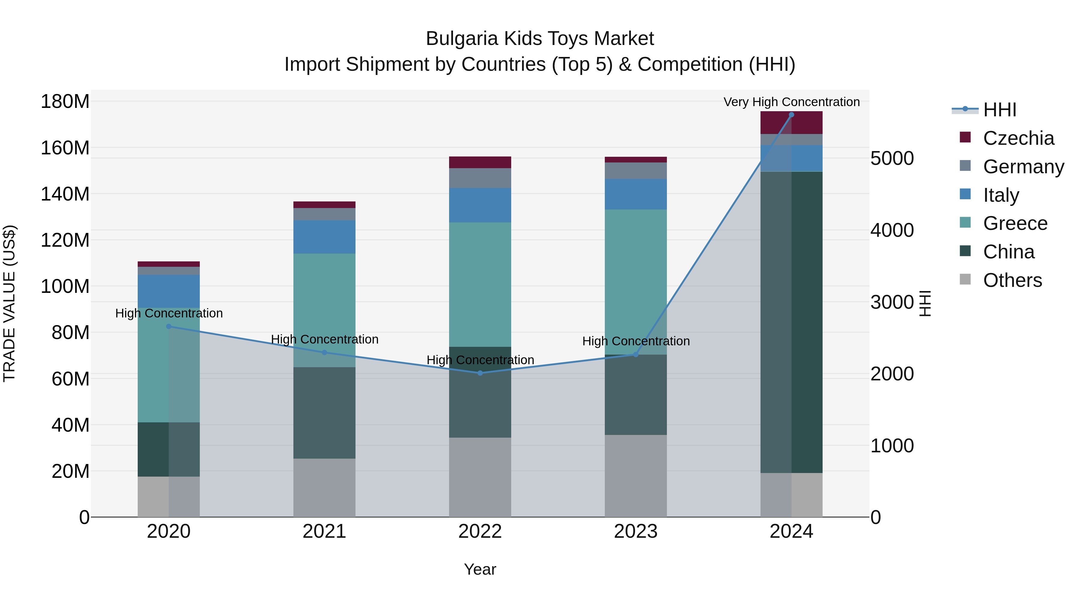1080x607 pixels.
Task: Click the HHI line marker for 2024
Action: [791, 115]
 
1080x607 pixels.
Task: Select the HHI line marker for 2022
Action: [480, 373]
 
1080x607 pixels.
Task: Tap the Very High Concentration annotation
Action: [791, 102]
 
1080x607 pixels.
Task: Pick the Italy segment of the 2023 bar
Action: [636, 194]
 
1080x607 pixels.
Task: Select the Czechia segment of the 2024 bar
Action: [791, 123]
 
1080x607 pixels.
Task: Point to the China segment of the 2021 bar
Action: [324, 413]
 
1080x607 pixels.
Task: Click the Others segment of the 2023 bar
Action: [636, 475]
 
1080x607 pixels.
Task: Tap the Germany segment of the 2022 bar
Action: [480, 178]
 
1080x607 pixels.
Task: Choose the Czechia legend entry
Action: [1018, 138]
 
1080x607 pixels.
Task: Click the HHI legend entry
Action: [999, 110]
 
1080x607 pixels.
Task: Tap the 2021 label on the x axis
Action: [324, 531]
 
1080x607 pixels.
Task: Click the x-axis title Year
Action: [480, 569]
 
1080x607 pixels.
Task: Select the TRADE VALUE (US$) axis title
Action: [9, 303]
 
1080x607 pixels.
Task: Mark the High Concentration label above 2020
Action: [169, 313]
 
